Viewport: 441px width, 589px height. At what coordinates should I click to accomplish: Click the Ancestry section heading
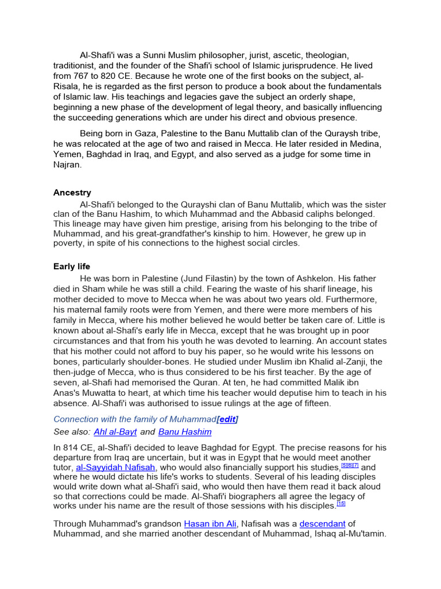click(x=72, y=193)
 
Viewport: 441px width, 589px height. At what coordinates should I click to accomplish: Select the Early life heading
click(x=72, y=266)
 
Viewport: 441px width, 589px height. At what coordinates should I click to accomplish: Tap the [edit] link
click(x=227, y=419)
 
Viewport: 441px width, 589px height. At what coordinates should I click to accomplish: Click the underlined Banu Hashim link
click(x=185, y=432)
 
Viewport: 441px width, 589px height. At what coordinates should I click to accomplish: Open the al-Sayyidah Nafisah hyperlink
click(x=116, y=468)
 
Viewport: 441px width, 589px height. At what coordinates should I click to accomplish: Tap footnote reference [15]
click(x=341, y=504)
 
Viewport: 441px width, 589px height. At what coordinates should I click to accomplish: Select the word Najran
click(x=68, y=165)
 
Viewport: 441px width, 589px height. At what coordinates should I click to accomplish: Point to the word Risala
click(x=67, y=86)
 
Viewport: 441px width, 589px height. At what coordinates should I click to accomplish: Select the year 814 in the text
click(x=72, y=448)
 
